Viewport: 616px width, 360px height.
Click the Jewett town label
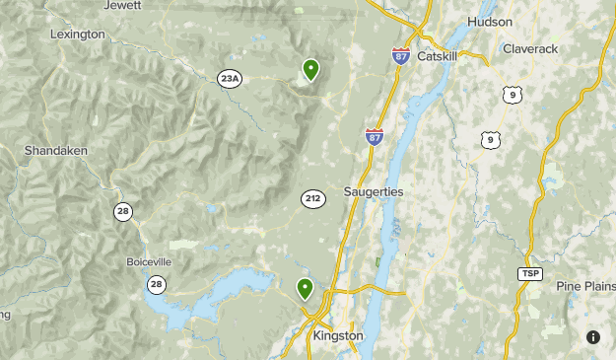point(122,5)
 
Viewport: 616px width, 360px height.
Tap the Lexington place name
point(77,35)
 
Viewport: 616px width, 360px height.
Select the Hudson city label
point(491,21)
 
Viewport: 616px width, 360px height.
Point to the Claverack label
point(530,48)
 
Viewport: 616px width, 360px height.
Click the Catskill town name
point(439,56)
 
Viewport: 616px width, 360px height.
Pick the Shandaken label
point(56,151)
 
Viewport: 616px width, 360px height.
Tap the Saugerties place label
point(374,190)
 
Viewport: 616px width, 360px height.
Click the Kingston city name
point(338,335)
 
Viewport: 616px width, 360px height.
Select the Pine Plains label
point(584,286)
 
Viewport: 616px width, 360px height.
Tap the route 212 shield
point(312,199)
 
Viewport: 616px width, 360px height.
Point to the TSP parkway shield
point(529,273)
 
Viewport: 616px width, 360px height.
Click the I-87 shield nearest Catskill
point(401,56)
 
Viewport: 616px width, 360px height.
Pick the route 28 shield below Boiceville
point(156,284)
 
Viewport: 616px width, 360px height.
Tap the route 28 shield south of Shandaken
point(123,211)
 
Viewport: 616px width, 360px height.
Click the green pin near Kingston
point(306,288)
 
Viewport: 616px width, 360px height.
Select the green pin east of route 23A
point(310,69)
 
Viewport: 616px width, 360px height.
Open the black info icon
point(592,336)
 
